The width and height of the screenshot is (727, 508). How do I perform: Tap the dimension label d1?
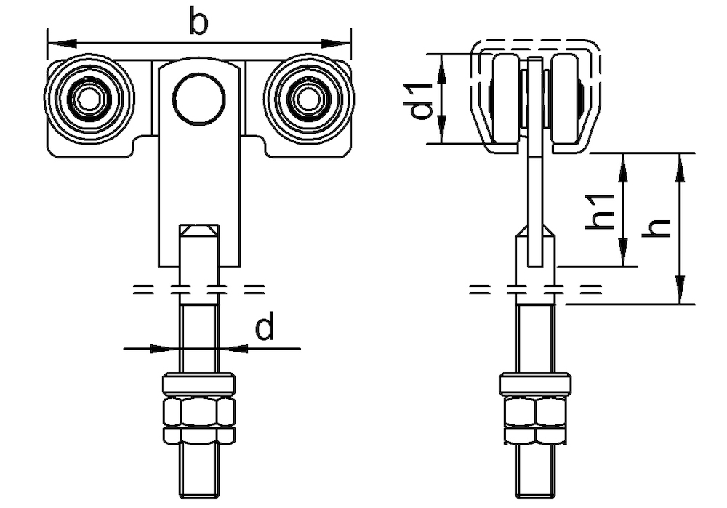pyautogui.click(x=421, y=100)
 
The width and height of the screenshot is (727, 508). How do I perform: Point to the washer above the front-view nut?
pyautogui.click(x=198, y=384)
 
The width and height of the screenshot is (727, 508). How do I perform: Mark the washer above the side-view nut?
pyautogui.click(x=535, y=384)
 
